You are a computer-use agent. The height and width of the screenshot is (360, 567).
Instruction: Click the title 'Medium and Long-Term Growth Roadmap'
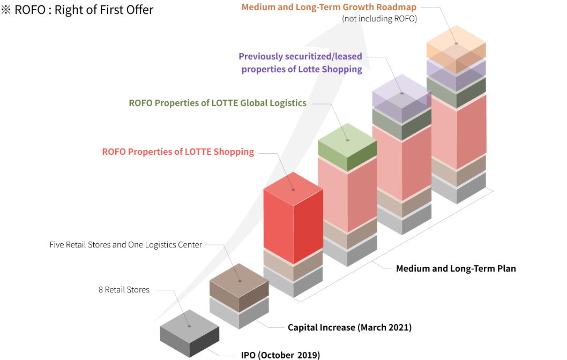tap(329, 7)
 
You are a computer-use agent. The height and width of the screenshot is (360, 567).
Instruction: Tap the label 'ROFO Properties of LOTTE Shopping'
tap(178, 152)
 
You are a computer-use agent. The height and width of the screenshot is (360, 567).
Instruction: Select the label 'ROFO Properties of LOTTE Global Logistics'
tap(218, 103)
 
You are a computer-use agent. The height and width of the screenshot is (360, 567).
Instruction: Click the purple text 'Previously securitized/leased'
tap(300, 56)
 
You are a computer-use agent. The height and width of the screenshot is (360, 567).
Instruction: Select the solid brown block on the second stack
tap(239, 287)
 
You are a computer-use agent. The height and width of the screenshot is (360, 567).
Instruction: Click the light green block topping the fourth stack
tap(347, 147)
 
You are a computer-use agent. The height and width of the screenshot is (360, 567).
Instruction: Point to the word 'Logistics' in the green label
tap(287, 103)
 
